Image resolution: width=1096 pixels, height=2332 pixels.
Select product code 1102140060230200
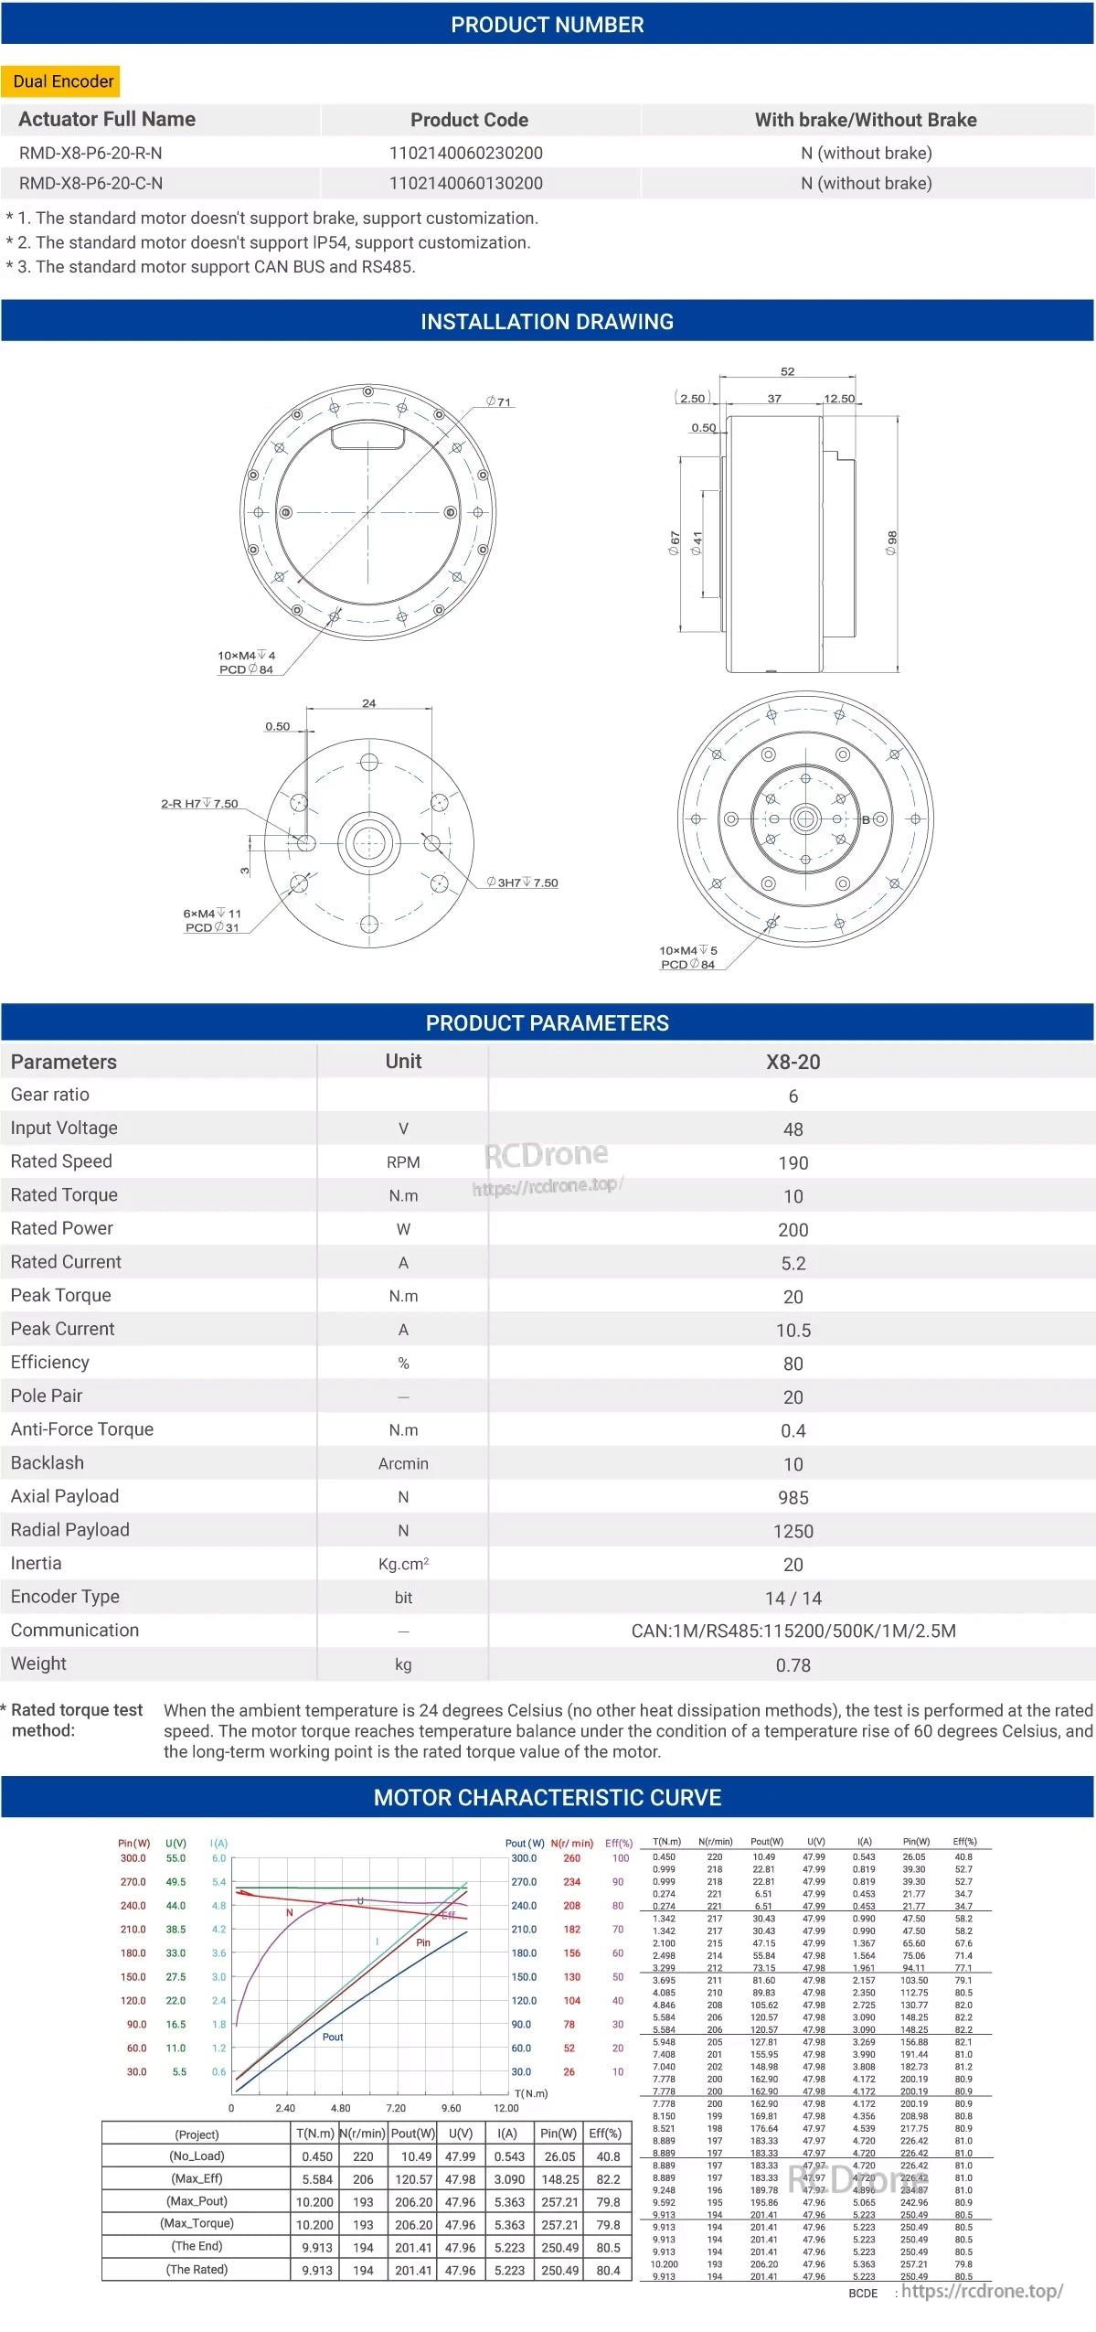(x=466, y=153)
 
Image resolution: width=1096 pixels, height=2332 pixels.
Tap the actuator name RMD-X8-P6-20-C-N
(x=90, y=183)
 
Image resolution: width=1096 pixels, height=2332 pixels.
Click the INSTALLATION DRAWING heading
(x=547, y=322)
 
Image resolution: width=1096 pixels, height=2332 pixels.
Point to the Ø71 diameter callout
(x=499, y=401)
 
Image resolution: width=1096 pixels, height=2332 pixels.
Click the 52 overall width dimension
(x=787, y=371)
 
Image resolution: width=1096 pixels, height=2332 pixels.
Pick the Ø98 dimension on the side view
(x=892, y=543)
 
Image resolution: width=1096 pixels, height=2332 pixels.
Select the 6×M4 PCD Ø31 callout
(x=212, y=920)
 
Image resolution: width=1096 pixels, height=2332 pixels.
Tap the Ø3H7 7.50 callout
(x=523, y=883)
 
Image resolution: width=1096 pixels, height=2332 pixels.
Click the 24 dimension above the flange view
(x=368, y=703)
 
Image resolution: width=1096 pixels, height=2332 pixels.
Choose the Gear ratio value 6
(x=793, y=1096)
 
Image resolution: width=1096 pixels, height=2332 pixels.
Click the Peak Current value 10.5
(x=793, y=1330)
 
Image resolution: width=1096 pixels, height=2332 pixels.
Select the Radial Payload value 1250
(x=793, y=1531)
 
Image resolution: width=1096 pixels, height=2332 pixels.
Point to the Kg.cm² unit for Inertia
(x=403, y=1564)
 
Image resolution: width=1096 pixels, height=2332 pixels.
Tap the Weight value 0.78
(x=793, y=1664)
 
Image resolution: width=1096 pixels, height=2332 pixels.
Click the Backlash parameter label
(x=48, y=1462)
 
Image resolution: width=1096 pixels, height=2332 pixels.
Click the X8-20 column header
(x=793, y=1062)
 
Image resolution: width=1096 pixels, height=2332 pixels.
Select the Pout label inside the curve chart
(x=333, y=2037)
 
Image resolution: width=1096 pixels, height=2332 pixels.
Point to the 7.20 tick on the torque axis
(x=396, y=2108)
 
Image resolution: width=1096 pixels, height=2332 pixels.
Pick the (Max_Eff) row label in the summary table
(x=197, y=2178)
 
